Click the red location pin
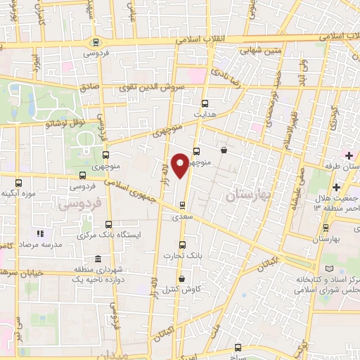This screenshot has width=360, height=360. [181, 165]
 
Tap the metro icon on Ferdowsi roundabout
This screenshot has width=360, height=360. [96, 41]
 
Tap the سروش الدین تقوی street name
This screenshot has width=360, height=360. [155, 89]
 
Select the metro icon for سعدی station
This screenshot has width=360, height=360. [183, 205]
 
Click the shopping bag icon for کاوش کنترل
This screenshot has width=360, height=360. [182, 278]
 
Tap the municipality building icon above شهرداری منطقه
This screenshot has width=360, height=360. [96, 259]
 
